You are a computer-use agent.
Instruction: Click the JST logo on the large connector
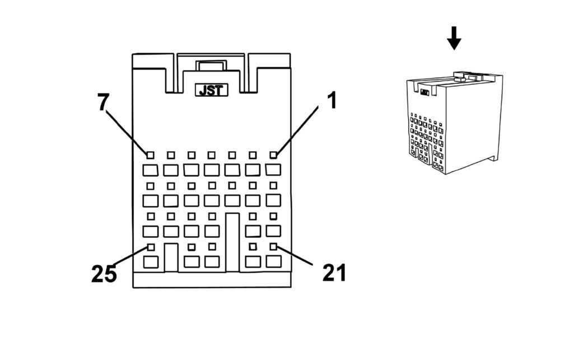click(211, 90)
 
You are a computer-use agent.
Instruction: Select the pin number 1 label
click(332, 101)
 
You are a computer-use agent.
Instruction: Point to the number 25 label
click(104, 274)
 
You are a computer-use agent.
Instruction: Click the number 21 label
click(334, 273)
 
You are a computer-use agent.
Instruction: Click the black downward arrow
click(454, 38)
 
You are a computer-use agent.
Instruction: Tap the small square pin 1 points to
click(273, 155)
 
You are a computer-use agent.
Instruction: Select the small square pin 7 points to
click(150, 155)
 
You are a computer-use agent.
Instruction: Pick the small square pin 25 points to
click(150, 247)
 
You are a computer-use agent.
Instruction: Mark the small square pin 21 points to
click(273, 247)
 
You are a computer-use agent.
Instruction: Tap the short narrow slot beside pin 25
click(171, 258)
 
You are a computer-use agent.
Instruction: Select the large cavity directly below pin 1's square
click(273, 169)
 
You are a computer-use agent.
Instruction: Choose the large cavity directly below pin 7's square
click(150, 169)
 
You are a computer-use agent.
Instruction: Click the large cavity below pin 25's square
click(151, 261)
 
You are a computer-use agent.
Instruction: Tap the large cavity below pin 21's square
click(273, 261)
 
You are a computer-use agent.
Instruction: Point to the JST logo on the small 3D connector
click(424, 92)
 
